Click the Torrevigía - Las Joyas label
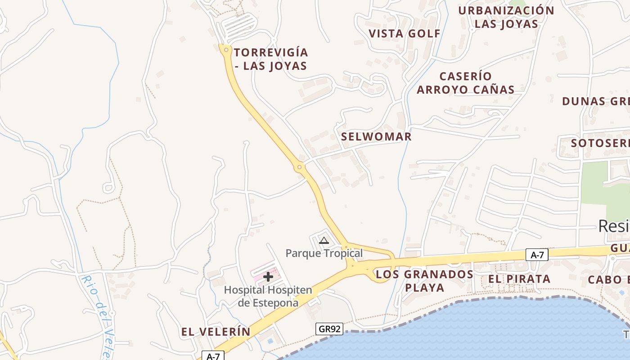click(270, 59)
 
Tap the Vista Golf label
click(405, 34)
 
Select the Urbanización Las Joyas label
click(506, 17)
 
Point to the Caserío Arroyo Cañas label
click(465, 83)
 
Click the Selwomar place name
click(376, 137)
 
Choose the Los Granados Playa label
click(424, 281)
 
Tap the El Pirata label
click(519, 279)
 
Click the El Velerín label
click(216, 332)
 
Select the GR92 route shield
click(329, 329)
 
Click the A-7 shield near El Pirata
click(537, 255)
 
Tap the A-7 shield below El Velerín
click(213, 356)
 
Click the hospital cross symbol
click(268, 276)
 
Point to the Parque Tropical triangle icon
click(324, 240)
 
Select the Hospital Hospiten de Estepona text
click(268, 296)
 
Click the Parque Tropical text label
click(324, 253)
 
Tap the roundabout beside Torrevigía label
click(225, 49)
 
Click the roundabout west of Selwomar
click(299, 168)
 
